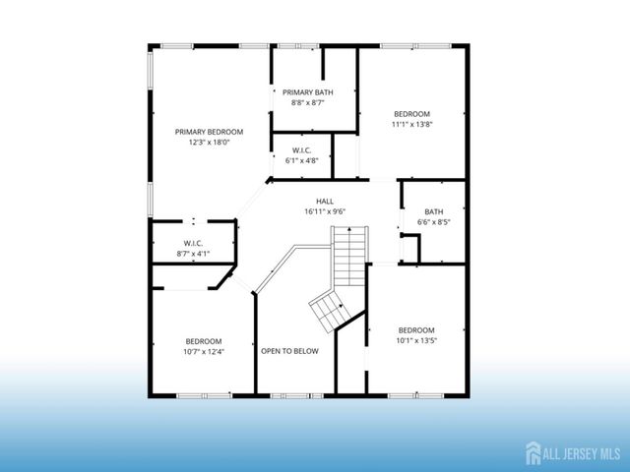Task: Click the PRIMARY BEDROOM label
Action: click(x=209, y=132)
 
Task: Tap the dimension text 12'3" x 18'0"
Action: click(x=209, y=142)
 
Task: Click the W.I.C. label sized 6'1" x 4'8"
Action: click(x=302, y=150)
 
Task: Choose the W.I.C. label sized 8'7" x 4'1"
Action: click(x=193, y=243)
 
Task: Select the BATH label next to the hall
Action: click(x=433, y=211)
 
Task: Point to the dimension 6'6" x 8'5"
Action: click(x=433, y=222)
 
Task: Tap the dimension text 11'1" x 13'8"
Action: click(x=411, y=125)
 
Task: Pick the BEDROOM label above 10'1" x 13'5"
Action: click(x=416, y=329)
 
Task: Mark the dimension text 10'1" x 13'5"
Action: click(x=416, y=340)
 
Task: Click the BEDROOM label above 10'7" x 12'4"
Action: click(x=203, y=341)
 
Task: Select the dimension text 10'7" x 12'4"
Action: click(x=203, y=351)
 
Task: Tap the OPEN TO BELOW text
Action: click(x=289, y=351)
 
